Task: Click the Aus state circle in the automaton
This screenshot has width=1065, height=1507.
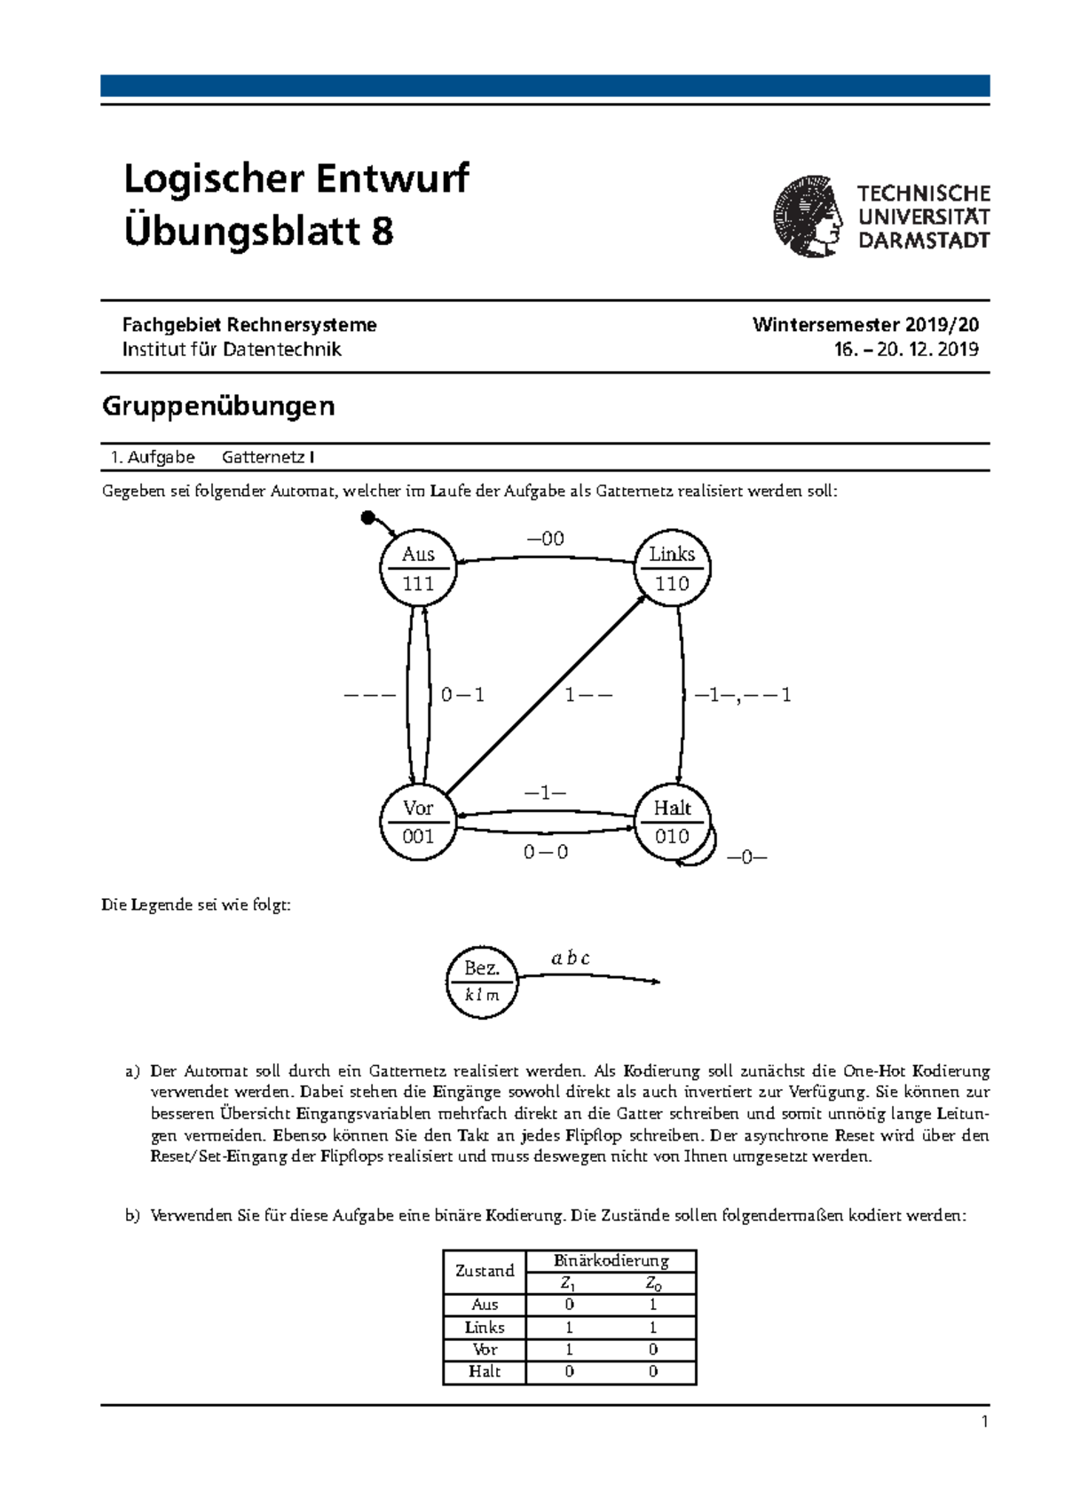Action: [x=418, y=568]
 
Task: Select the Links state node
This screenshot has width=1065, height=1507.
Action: [x=672, y=568]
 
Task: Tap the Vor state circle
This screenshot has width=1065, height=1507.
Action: [x=418, y=822]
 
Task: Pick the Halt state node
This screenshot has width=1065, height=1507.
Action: [x=672, y=822]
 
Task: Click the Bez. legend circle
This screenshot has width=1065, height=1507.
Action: [x=482, y=981]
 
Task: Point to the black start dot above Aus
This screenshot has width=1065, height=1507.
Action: [x=368, y=517]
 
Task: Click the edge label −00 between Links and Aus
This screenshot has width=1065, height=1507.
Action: [x=545, y=539]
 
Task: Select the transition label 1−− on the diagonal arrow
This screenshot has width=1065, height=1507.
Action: [x=588, y=695]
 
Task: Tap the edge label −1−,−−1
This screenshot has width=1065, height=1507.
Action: [x=742, y=695]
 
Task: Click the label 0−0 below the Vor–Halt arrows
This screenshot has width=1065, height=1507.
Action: [x=545, y=852]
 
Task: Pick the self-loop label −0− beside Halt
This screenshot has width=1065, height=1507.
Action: [x=746, y=857]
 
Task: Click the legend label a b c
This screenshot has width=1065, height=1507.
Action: [x=570, y=958]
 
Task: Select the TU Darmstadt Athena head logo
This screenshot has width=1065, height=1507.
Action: [x=807, y=217]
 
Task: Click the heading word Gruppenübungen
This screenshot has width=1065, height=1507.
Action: [x=218, y=406]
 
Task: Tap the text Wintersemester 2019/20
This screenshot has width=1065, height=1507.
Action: [x=865, y=325]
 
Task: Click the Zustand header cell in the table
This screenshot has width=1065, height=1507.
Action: [x=485, y=1271]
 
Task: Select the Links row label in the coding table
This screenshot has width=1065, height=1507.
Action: [x=485, y=1327]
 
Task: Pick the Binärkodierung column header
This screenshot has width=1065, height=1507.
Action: [x=611, y=1260]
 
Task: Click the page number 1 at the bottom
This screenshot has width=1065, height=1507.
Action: [x=984, y=1422]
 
